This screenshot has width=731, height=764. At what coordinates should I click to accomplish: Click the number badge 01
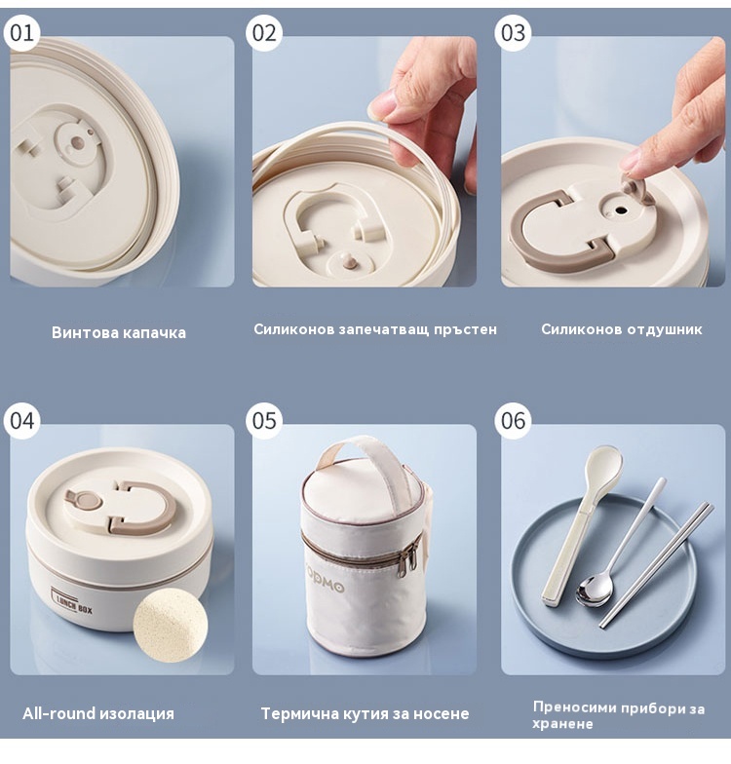click(21, 33)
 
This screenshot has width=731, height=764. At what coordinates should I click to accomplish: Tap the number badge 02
click(264, 33)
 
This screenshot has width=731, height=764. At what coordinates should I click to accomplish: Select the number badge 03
click(513, 33)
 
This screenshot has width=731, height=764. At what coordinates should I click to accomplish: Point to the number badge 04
click(21, 421)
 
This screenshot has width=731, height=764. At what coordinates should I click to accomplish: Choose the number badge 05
click(264, 421)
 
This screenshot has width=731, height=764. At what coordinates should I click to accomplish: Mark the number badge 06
click(513, 421)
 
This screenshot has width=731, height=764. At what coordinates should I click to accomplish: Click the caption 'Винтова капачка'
click(119, 333)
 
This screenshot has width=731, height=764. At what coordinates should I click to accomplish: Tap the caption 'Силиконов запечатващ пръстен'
click(375, 329)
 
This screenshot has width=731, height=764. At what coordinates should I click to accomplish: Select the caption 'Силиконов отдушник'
click(622, 329)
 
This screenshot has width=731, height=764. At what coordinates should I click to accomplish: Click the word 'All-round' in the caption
click(58, 713)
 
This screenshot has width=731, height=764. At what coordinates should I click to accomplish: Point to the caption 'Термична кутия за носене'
click(365, 713)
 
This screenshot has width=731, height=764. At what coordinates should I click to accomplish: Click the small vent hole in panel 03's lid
click(620, 210)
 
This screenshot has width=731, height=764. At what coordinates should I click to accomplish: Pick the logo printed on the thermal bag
click(326, 580)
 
